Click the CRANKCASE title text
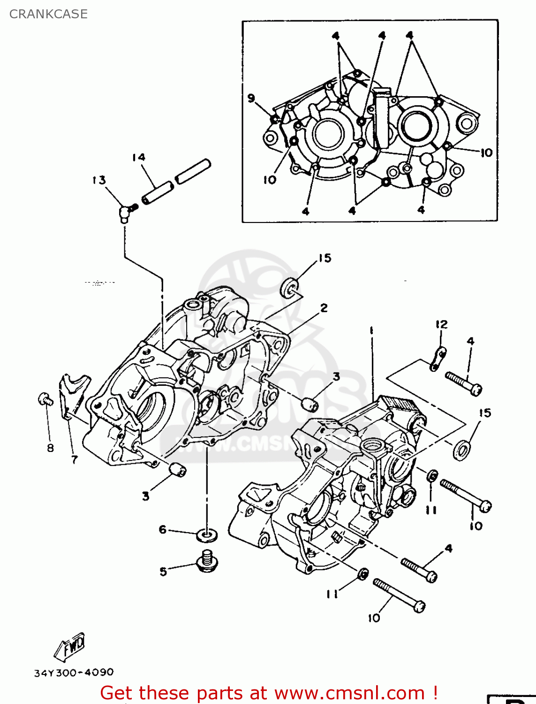point(48,14)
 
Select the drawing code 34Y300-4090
point(74,673)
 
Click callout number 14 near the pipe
point(138,157)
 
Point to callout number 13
point(99,180)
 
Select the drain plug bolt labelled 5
point(206,561)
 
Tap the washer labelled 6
point(207,534)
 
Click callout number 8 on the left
point(50,448)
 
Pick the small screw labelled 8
point(45,399)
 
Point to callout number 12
point(441,324)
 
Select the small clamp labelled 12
point(438,359)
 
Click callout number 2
point(324,308)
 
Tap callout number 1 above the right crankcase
point(371,330)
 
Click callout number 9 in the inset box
point(251,98)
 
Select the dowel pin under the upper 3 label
point(310,403)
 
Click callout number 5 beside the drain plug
point(163,571)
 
